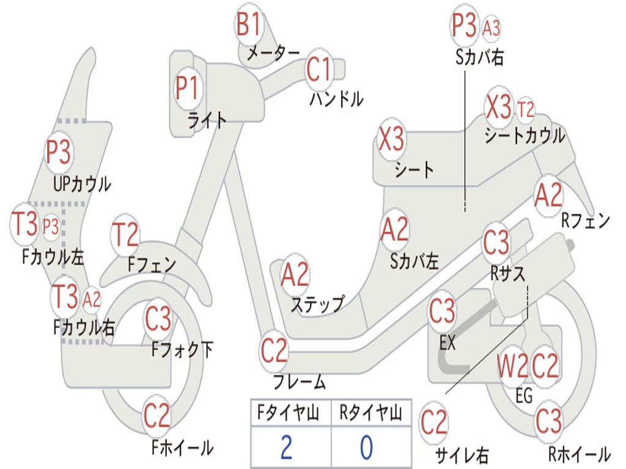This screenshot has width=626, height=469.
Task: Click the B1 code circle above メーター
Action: coord(249,26)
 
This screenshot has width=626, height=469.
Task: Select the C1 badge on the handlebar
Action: coord(319,69)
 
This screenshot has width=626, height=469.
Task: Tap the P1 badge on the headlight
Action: coord(187,89)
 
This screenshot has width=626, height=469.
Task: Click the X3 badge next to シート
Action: coord(391,140)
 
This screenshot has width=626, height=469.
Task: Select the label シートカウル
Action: coord(525,136)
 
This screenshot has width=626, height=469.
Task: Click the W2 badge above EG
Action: coord(512,366)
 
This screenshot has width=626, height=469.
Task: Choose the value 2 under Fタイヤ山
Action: coord(286,448)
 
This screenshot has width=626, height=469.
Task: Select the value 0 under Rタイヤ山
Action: coord(366,448)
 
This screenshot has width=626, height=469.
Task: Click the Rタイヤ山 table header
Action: coord(370,414)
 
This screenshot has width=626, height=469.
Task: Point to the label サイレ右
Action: coord(462,455)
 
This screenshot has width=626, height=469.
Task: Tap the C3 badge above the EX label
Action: coord(442,312)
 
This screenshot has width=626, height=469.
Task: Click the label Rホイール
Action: coord(578,454)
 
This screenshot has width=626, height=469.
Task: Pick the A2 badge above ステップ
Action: coord(295,275)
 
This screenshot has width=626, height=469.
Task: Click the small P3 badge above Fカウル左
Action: coord(51,227)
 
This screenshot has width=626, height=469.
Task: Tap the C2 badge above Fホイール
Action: coord(156,416)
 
